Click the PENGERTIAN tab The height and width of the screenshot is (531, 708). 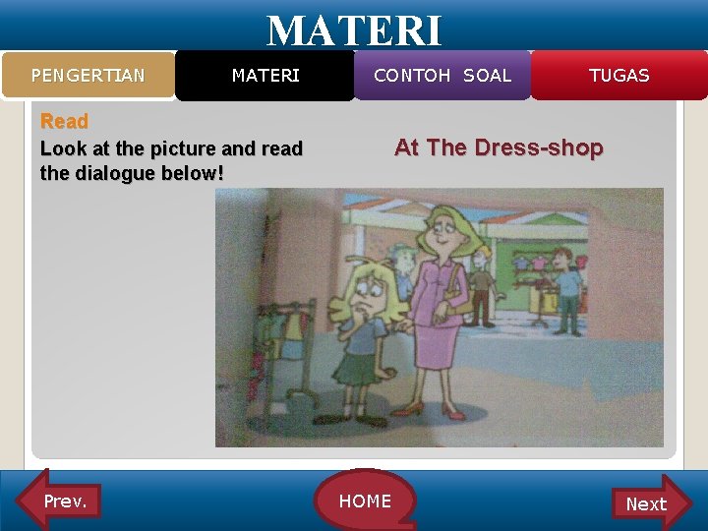88,76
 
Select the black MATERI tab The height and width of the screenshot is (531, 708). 265,76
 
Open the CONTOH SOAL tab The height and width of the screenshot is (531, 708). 442,76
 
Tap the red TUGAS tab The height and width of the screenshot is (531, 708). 619,76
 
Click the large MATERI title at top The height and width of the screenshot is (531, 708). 354,29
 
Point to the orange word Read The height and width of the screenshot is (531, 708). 64,122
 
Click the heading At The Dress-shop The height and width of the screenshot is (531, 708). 499,148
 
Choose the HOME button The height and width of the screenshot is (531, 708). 365,501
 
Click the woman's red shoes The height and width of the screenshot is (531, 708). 438,411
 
